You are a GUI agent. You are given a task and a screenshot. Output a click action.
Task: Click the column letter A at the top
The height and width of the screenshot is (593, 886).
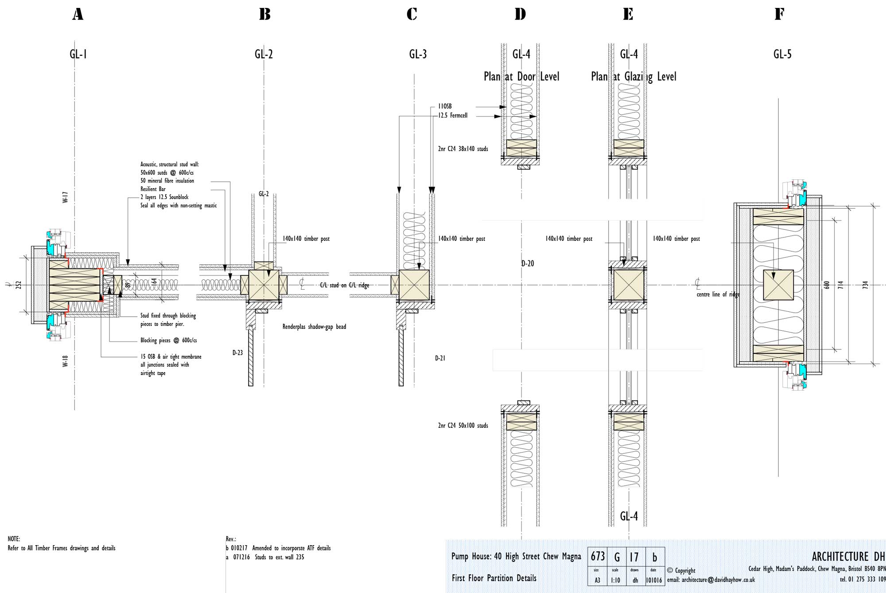[78, 14]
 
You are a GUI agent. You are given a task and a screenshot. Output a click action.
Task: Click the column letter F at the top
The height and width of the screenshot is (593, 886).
[779, 14]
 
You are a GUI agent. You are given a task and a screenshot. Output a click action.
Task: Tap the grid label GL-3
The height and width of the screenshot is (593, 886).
[418, 54]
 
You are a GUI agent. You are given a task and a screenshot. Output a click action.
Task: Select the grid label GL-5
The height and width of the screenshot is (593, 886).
[782, 54]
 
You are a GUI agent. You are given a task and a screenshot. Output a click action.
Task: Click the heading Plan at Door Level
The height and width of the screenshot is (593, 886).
[521, 77]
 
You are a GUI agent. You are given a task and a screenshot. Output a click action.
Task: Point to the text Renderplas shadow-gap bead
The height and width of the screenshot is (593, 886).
[314, 327]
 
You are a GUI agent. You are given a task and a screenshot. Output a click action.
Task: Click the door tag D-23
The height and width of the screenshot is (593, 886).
[237, 353]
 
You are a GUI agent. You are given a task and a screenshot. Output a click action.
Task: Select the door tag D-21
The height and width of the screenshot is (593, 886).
[440, 358]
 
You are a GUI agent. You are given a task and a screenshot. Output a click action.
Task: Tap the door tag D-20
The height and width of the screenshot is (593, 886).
[528, 264]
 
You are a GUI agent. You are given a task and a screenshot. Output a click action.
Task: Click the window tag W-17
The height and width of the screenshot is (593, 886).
[65, 197]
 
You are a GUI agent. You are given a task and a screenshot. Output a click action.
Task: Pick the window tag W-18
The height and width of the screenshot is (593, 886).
[65, 361]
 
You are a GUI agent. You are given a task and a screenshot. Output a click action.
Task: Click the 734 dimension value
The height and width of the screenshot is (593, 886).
[865, 285]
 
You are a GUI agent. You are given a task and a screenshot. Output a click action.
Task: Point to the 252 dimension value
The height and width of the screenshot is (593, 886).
[19, 285]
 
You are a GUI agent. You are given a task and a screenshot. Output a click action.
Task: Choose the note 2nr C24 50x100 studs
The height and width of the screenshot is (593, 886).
[463, 426]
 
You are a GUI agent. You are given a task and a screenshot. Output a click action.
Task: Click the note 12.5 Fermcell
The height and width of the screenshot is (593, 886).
[453, 116]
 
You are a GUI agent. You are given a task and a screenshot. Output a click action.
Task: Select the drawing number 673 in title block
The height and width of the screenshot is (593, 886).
[598, 556]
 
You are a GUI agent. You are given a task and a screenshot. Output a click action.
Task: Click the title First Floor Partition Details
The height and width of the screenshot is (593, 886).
[494, 578]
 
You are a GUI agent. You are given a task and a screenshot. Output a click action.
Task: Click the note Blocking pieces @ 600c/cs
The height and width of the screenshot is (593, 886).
[168, 341]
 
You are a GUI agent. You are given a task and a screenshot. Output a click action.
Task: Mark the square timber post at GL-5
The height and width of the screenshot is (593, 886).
[778, 285]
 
